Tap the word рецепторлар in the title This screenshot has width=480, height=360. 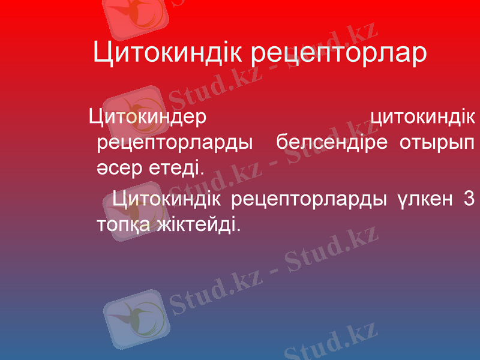(338, 55)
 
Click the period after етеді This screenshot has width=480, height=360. (202, 171)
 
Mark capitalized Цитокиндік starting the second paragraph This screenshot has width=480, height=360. (167, 197)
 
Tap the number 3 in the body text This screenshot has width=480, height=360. (469, 197)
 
